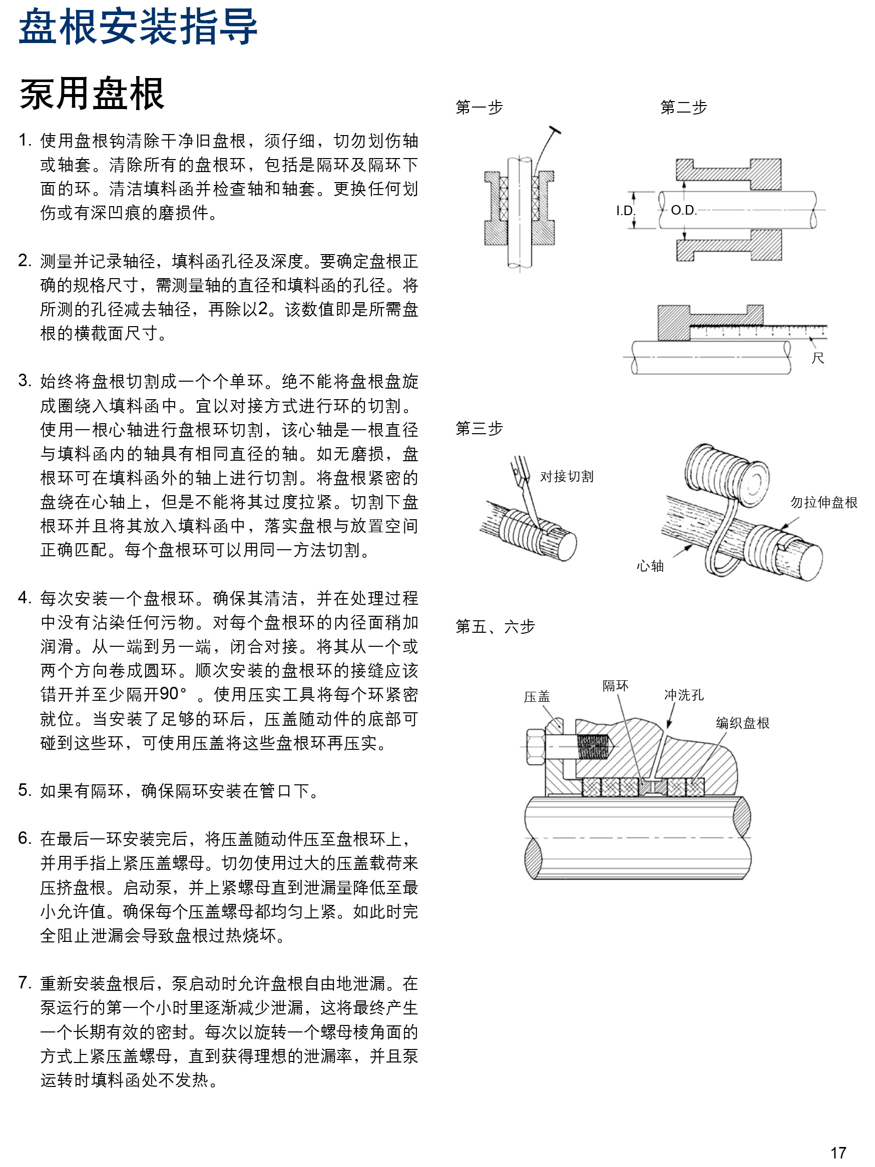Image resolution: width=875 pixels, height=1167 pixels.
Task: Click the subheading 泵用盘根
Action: (x=92, y=94)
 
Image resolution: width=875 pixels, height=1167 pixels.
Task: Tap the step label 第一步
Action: (x=479, y=108)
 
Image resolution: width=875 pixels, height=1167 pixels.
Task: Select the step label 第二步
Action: (x=683, y=108)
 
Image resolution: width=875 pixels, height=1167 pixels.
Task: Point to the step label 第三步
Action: (x=479, y=428)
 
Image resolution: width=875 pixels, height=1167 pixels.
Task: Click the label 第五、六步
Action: (x=495, y=627)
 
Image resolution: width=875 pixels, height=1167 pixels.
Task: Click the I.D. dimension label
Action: (x=625, y=211)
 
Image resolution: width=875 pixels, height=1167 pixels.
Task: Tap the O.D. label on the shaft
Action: (x=683, y=211)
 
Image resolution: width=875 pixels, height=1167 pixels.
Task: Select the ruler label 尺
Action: (x=817, y=358)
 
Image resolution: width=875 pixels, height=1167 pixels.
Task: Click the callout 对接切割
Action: (x=566, y=477)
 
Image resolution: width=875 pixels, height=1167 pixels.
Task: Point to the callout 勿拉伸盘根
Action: (x=823, y=502)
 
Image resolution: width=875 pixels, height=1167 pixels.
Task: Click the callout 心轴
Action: (x=650, y=567)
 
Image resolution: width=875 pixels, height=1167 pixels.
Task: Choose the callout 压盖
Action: (x=537, y=697)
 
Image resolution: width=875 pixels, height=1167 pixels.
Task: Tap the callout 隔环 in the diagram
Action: (x=615, y=686)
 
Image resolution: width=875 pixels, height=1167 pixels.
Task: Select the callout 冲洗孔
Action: (x=683, y=695)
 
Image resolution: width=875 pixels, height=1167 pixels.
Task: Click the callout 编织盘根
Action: (x=742, y=723)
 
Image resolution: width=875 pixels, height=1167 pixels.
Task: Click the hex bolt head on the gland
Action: (x=535, y=746)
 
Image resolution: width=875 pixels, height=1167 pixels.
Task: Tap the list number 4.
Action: (x=25, y=598)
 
